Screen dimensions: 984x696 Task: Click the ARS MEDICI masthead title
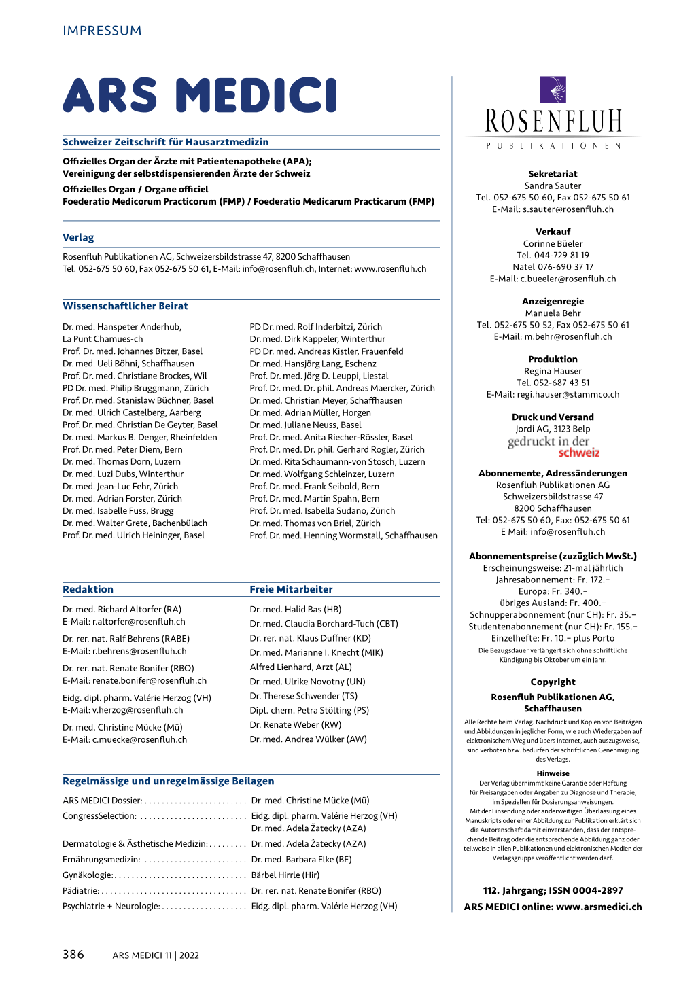[x=200, y=95]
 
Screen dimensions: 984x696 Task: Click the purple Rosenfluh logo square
[x=553, y=90]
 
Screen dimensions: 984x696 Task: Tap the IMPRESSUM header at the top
[x=102, y=31]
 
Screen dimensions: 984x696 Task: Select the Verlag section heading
[x=78, y=237]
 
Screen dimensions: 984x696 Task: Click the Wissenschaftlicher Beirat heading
[x=125, y=306]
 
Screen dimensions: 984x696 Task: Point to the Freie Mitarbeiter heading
[x=291, y=589]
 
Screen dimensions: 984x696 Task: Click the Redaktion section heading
[x=88, y=589]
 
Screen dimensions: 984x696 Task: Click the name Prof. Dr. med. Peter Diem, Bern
[x=122, y=449]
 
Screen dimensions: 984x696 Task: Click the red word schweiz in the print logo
[x=579, y=453]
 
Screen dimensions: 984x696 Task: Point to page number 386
[x=73, y=954]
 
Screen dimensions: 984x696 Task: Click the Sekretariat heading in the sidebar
[x=553, y=174]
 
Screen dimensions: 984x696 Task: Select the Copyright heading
[x=553, y=682]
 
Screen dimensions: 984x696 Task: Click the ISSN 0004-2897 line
[x=553, y=890]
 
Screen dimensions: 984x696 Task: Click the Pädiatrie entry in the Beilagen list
[x=80, y=890]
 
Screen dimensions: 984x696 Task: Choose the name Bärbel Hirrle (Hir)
[x=285, y=875]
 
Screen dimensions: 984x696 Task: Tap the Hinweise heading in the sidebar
[x=553, y=773]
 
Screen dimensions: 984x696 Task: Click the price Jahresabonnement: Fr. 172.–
[x=553, y=580]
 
